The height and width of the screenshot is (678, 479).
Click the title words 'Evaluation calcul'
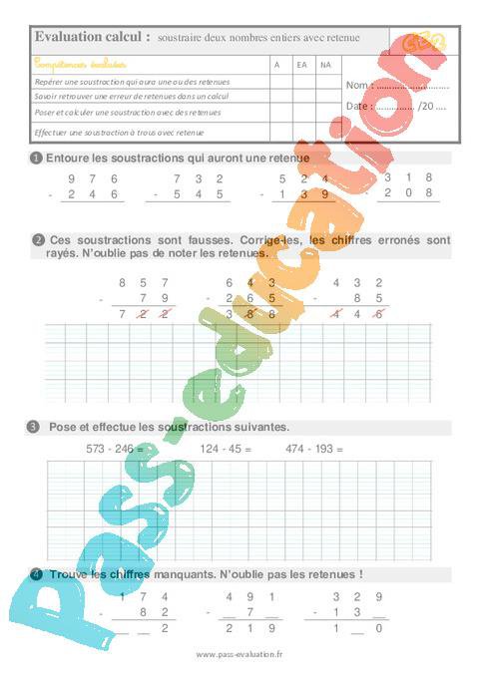click(93, 37)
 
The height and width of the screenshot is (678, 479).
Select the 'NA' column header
click(325, 64)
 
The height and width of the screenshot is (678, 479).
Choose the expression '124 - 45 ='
click(227, 450)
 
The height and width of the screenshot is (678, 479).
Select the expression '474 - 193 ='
click(313, 450)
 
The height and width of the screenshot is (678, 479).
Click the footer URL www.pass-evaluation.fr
click(239, 655)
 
